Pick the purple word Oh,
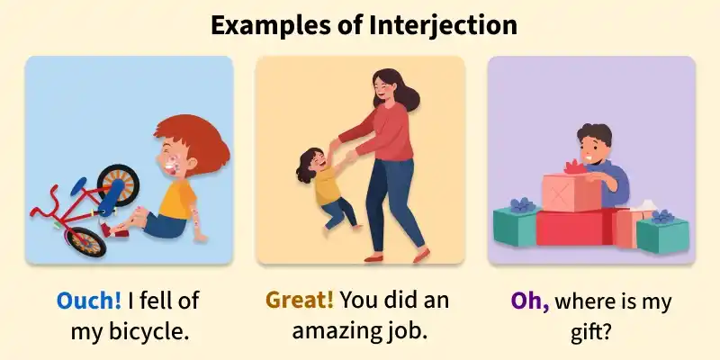pyautogui.click(x=530, y=301)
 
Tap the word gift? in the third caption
pyautogui.click(x=590, y=331)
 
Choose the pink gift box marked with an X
pyautogui.click(x=571, y=192)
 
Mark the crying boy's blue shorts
pyautogui.click(x=167, y=225)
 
